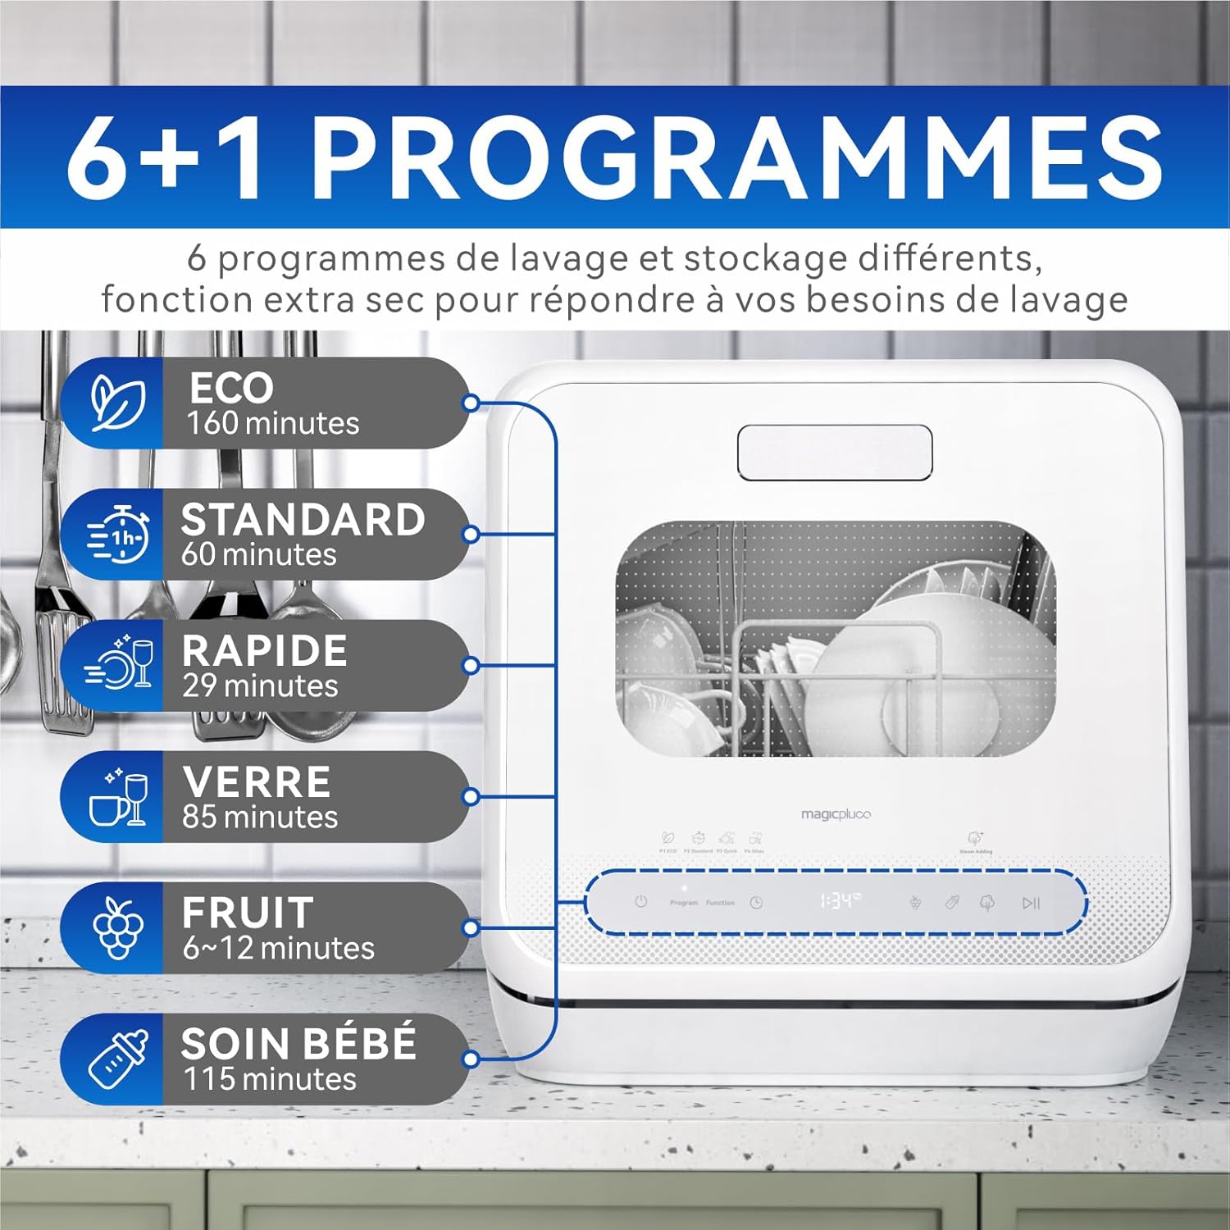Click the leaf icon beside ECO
(x=118, y=403)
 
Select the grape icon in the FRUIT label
(x=118, y=927)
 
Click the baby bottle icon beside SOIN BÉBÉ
(x=118, y=1059)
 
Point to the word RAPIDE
(x=265, y=651)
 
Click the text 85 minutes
(x=260, y=817)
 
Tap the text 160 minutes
(x=273, y=423)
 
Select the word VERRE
(x=257, y=782)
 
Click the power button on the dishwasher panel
(x=641, y=902)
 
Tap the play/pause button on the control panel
(x=1031, y=903)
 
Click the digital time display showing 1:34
(x=840, y=902)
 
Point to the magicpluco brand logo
(x=836, y=814)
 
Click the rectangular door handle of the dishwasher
(x=835, y=453)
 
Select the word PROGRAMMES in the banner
(x=736, y=157)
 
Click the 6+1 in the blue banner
(x=166, y=157)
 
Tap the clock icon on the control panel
(x=756, y=903)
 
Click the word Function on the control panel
(x=720, y=903)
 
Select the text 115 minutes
(x=270, y=1079)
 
